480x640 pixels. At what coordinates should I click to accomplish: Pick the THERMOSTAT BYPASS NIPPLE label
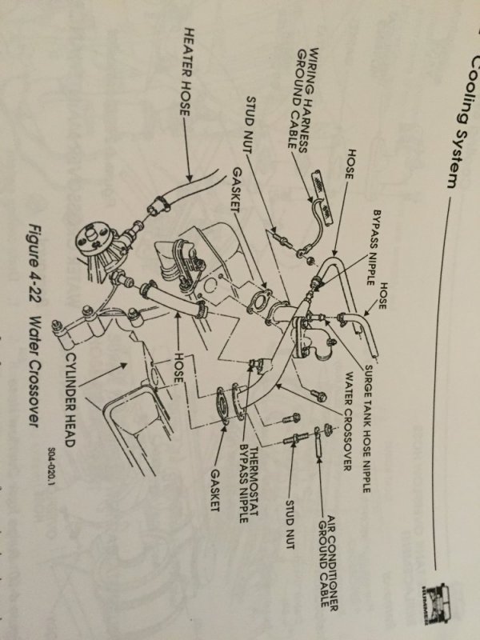pyautogui.click(x=247, y=472)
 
